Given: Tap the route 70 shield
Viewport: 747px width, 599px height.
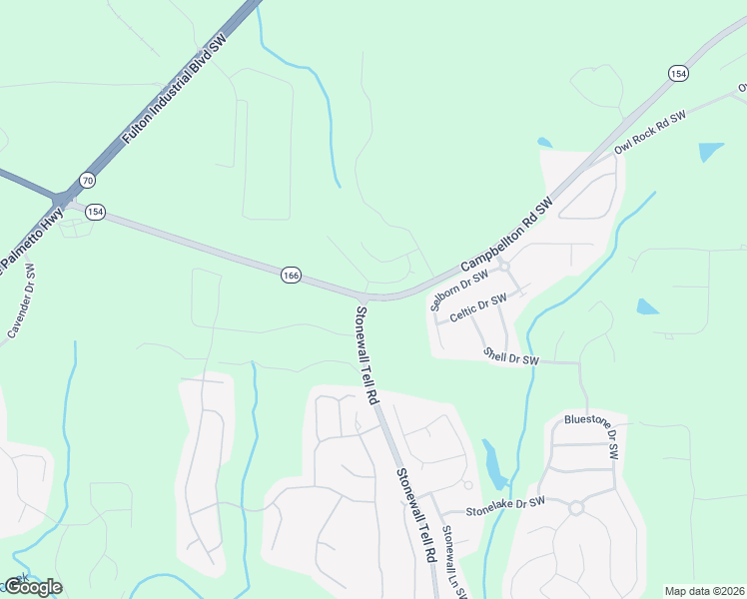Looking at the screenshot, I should [88, 181].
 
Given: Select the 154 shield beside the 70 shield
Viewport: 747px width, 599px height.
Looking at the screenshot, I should [95, 211].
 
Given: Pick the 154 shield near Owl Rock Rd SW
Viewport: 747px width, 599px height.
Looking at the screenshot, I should [678, 74].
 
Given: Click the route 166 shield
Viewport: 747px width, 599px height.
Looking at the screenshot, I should [291, 275].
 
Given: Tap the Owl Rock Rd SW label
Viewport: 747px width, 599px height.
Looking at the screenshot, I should [650, 131].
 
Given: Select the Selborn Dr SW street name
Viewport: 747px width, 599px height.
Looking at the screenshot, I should [458, 290].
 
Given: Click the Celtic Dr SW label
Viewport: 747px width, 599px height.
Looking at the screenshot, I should [478, 306].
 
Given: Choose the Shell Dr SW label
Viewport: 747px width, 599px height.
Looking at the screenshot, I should [510, 355].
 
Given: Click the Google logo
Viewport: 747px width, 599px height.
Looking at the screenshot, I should [32, 587].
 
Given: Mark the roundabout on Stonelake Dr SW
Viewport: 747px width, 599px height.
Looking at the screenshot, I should [576, 507].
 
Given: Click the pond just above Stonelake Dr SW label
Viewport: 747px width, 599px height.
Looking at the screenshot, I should [493, 461].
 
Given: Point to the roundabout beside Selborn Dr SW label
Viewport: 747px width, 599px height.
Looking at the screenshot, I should [504, 267].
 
